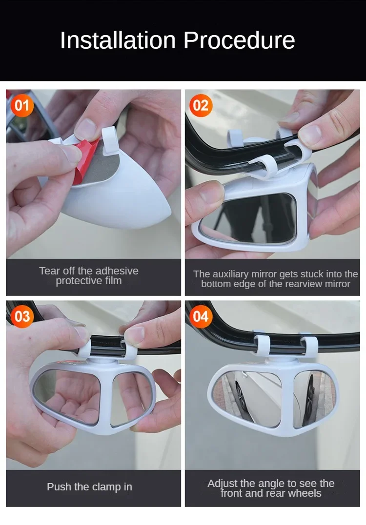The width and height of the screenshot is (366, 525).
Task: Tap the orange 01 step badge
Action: [x=22, y=106]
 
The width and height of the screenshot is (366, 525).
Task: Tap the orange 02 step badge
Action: [x=200, y=106]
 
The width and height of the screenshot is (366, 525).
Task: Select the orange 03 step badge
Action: [x=22, y=317]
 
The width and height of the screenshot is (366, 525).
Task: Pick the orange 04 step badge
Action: [x=200, y=317]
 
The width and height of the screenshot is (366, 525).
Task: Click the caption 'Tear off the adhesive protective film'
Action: [x=89, y=276]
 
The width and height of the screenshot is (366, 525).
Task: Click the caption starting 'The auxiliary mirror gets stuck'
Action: [x=276, y=279]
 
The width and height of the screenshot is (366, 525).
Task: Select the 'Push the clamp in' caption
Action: [x=89, y=486]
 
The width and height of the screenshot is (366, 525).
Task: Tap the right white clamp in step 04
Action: [x=308, y=345]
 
